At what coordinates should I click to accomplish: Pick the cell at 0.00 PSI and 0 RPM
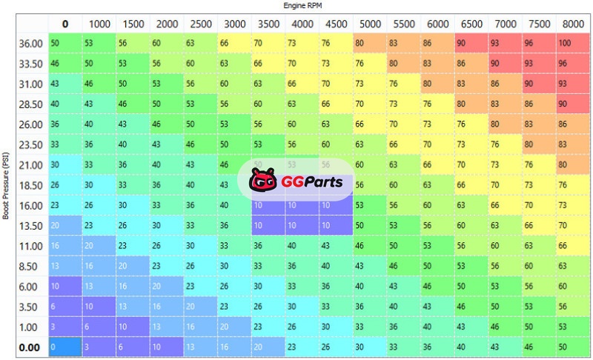[64, 345]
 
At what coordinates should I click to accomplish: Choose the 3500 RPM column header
[268, 24]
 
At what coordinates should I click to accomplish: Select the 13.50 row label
[30, 225]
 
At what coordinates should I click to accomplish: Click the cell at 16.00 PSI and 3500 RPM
[268, 204]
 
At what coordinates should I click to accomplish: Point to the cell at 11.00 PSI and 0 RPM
[64, 244]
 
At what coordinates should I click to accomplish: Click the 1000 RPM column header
[99, 24]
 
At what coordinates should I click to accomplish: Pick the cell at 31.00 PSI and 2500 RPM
[200, 84]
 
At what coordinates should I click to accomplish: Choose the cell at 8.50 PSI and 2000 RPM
[166, 265]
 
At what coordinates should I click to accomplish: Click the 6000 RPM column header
[438, 24]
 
